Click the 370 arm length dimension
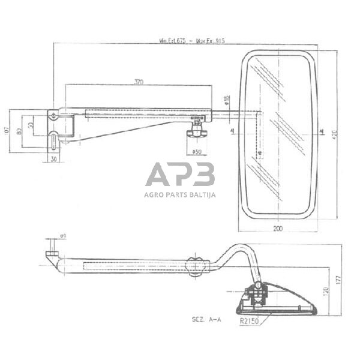139,82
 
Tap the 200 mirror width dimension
277,228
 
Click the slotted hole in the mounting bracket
55,140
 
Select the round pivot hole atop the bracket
55,114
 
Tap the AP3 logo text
180,175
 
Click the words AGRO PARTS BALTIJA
180,194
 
